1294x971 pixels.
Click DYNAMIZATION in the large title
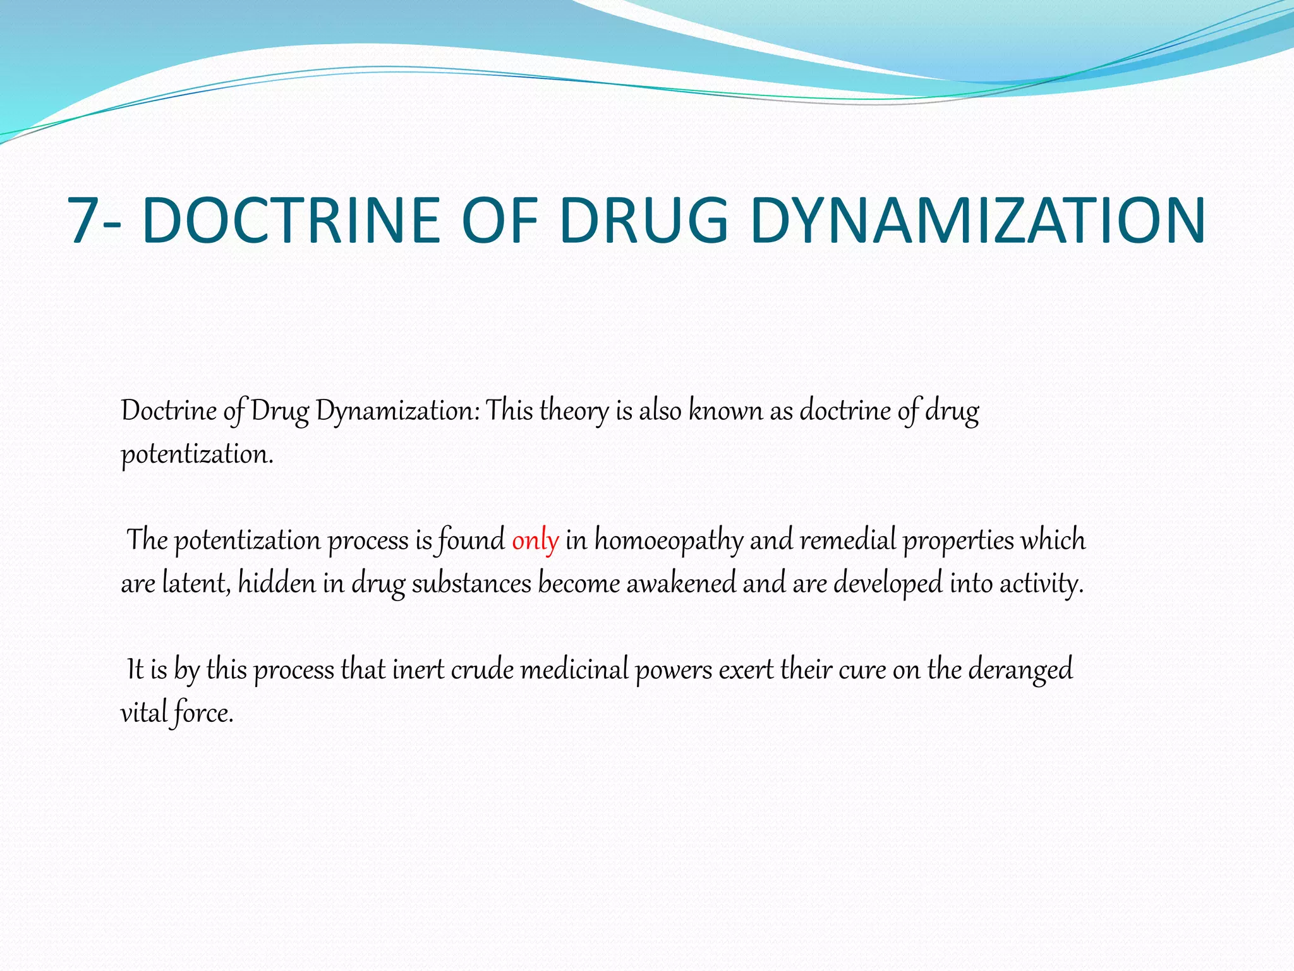click(x=978, y=220)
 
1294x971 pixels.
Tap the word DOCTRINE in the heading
click(x=291, y=220)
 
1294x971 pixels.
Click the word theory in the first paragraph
click(x=574, y=412)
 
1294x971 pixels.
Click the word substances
click(x=471, y=583)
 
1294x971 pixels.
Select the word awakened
click(x=681, y=583)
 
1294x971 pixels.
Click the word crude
click(x=482, y=669)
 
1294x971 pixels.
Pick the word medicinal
click(x=574, y=669)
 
